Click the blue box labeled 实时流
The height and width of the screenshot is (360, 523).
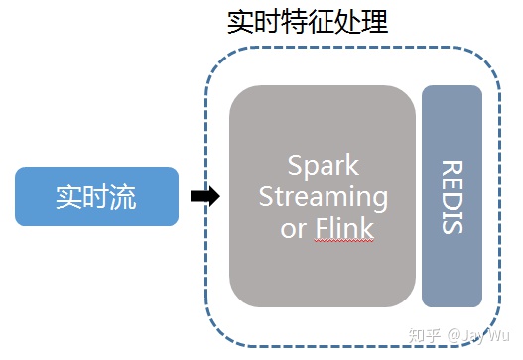tap(96, 196)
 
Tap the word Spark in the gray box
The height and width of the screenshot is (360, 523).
tap(323, 165)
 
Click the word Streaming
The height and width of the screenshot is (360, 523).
tap(323, 196)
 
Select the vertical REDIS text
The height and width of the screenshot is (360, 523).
tap(452, 195)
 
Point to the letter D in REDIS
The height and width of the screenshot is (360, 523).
tap(452, 196)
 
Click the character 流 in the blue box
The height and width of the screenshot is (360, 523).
tap(123, 196)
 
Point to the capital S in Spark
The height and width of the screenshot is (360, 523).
tap(294, 165)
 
